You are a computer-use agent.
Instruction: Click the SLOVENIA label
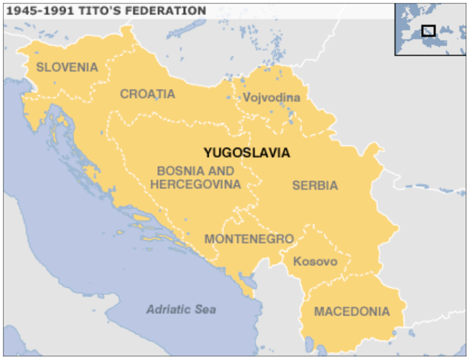[67, 67]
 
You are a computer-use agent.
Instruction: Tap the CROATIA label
[147, 94]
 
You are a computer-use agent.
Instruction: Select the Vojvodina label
[271, 97]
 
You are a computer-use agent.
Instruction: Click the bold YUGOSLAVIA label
[246, 152]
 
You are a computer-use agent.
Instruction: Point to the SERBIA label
[315, 185]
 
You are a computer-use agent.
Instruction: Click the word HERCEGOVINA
[195, 184]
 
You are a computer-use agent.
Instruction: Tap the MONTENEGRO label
[249, 238]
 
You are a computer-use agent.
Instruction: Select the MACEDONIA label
[351, 311]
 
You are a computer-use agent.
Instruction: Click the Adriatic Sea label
[181, 309]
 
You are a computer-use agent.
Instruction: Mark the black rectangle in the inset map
[428, 31]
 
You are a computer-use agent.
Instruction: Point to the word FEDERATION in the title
[170, 10]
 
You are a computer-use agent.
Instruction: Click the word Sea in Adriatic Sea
[205, 309]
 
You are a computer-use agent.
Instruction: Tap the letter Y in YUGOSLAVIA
[208, 152]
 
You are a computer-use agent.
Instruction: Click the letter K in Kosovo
[297, 262]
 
